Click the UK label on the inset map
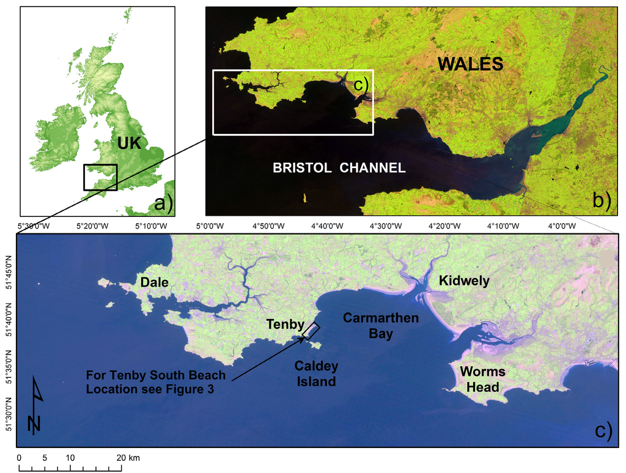(129, 144)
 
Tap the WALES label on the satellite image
(470, 64)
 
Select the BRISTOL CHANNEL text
(339, 167)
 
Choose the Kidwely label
(464, 280)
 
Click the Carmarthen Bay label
(381, 326)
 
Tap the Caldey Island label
(315, 373)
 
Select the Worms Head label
(482, 379)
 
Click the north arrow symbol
(35, 406)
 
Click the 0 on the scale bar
(19, 458)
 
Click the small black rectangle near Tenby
(311, 330)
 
